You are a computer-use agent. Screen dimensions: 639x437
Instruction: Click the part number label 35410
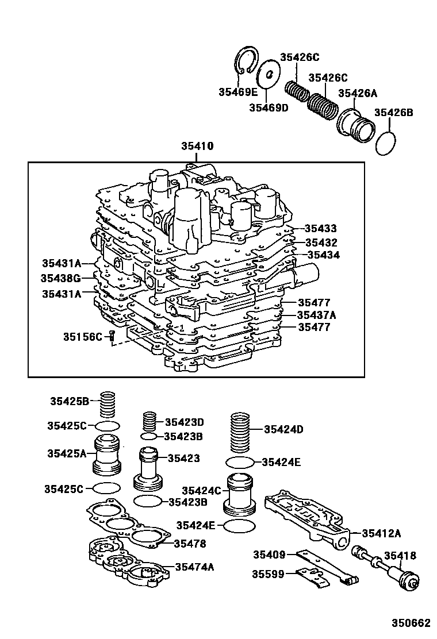pos(197,147)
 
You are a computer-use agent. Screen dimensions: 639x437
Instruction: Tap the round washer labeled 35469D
pos(268,73)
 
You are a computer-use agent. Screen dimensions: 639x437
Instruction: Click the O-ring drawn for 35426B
pos(387,143)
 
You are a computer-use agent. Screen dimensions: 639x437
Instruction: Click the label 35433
pos(321,228)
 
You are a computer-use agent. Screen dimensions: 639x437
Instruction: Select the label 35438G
pos(60,278)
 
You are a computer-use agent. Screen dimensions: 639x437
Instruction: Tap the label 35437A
pos(316,315)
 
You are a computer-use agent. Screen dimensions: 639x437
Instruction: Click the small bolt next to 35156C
pos(112,336)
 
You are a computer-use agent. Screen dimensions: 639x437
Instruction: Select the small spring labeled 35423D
pos(149,423)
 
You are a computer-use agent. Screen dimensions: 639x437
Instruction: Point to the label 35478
pos(190,543)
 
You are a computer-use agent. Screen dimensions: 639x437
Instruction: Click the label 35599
pos(269,573)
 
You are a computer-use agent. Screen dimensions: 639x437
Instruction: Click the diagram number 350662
pos(411,623)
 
